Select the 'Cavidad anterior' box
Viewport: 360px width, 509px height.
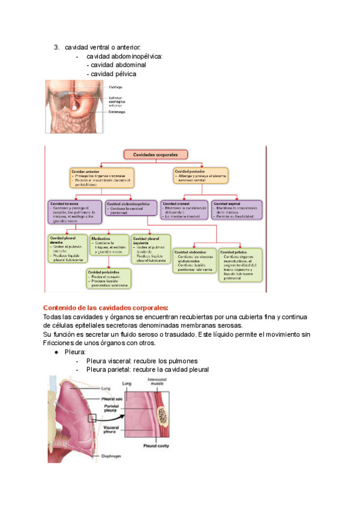tap(101, 178)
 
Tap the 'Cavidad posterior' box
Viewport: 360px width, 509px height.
tap(200, 176)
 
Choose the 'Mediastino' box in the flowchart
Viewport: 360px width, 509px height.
tap(109, 245)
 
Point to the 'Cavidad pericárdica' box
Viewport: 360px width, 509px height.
tap(109, 277)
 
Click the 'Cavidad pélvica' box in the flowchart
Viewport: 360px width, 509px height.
tap(239, 265)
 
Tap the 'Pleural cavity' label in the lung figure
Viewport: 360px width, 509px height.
tap(157, 446)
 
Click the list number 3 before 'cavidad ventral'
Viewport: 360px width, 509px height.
tap(56, 47)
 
